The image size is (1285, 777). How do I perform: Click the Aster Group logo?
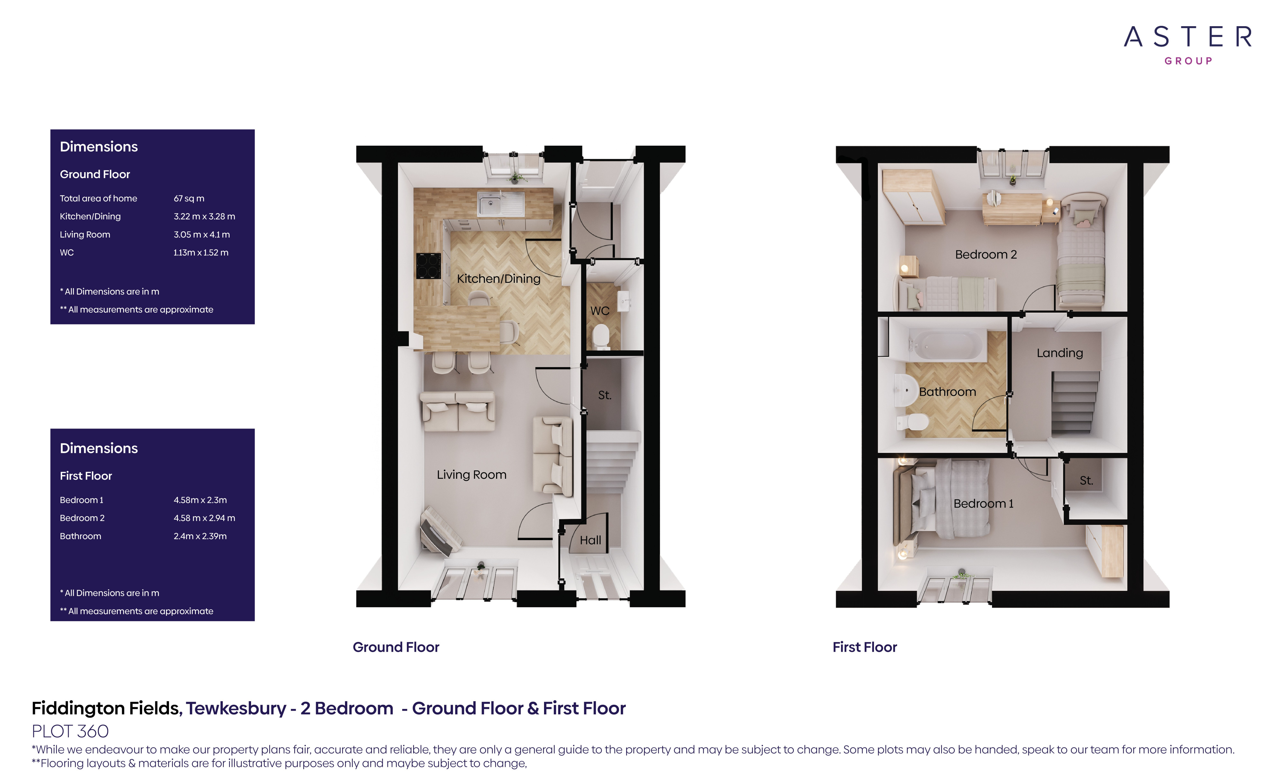pyautogui.click(x=1187, y=44)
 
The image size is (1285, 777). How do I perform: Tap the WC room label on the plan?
pyautogui.click(x=600, y=311)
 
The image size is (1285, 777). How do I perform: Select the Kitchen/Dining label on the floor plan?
pyautogui.click(x=499, y=278)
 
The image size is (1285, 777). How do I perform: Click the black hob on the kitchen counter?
pyautogui.click(x=428, y=266)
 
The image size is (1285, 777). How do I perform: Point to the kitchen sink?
pyautogui.click(x=490, y=204)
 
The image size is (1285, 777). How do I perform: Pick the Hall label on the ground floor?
pyautogui.click(x=590, y=540)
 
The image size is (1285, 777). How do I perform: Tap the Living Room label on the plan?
pyautogui.click(x=471, y=475)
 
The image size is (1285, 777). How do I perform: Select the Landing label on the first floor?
pyautogui.click(x=1060, y=353)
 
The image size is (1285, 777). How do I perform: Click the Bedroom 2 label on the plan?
pyautogui.click(x=986, y=255)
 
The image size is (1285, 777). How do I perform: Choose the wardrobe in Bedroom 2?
pyautogui.click(x=913, y=198)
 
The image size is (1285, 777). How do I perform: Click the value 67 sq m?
pyautogui.click(x=189, y=198)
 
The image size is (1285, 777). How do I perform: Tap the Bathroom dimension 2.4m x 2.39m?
pyautogui.click(x=200, y=536)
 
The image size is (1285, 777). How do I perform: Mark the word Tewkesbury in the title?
pyautogui.click(x=236, y=708)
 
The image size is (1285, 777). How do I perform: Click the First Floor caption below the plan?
pyautogui.click(x=864, y=647)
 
